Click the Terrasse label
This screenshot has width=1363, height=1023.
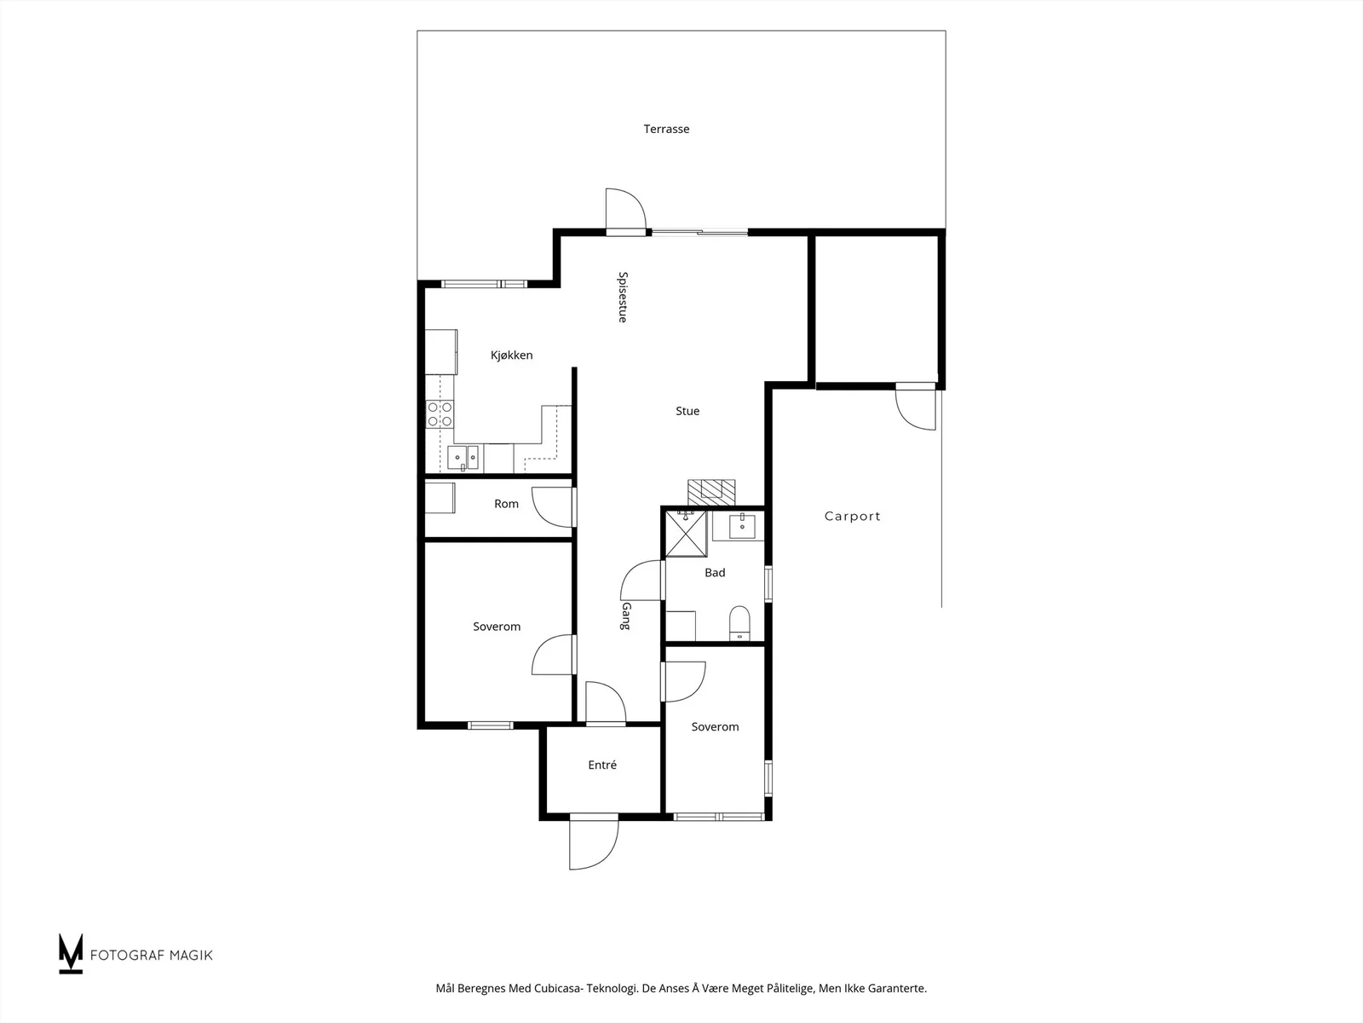coord(666,130)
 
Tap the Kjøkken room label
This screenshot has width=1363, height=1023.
coord(512,355)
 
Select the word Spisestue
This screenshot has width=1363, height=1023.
coord(623,297)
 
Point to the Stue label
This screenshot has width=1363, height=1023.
coord(687,411)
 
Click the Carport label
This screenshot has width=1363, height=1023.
coord(853,516)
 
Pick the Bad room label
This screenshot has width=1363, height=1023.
coord(715,573)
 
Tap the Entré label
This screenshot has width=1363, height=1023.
coord(602,766)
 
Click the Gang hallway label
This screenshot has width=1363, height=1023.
coord(626,616)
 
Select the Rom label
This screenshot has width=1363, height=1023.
coord(506,504)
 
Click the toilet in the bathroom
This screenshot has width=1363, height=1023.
coord(739,622)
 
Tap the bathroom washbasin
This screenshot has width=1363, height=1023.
coord(742,526)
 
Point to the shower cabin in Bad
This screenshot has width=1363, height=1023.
coord(686,534)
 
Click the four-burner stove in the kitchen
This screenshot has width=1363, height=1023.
coord(440,414)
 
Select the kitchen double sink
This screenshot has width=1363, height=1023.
coord(463,458)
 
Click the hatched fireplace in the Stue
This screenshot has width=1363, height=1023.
coord(711,493)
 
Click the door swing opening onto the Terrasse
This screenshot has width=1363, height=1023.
coord(626,210)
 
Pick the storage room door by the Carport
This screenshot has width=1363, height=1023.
coord(915,407)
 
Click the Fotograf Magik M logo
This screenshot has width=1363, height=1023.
coord(71,953)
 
